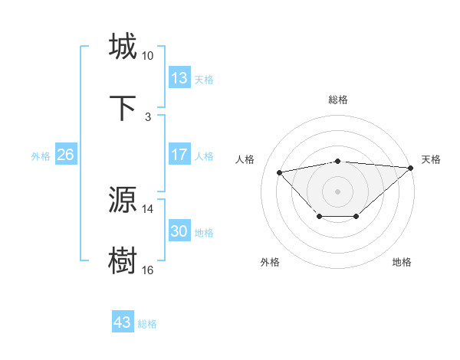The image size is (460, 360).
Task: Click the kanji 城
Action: [x=123, y=46]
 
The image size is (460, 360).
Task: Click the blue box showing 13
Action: [x=179, y=78]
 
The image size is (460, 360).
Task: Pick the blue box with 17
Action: [x=179, y=155]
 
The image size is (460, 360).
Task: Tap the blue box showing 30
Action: [x=179, y=231]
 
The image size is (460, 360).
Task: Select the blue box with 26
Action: [x=65, y=155]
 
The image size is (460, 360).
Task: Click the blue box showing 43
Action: [x=123, y=322]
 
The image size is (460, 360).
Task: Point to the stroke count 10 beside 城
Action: [x=147, y=56]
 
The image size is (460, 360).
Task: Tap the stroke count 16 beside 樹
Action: [x=147, y=270]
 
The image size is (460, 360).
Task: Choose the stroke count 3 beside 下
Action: [x=147, y=117]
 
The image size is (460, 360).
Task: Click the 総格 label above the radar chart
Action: [x=337, y=100]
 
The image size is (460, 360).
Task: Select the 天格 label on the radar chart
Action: [x=431, y=159]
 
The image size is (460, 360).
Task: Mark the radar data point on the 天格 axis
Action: [x=410, y=168]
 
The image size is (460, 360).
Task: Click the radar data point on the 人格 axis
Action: [x=279, y=172]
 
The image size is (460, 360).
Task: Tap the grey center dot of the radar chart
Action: [x=337, y=191]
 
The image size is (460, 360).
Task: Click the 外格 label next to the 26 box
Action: [x=41, y=155]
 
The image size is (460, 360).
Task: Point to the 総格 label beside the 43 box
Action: [x=147, y=324]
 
